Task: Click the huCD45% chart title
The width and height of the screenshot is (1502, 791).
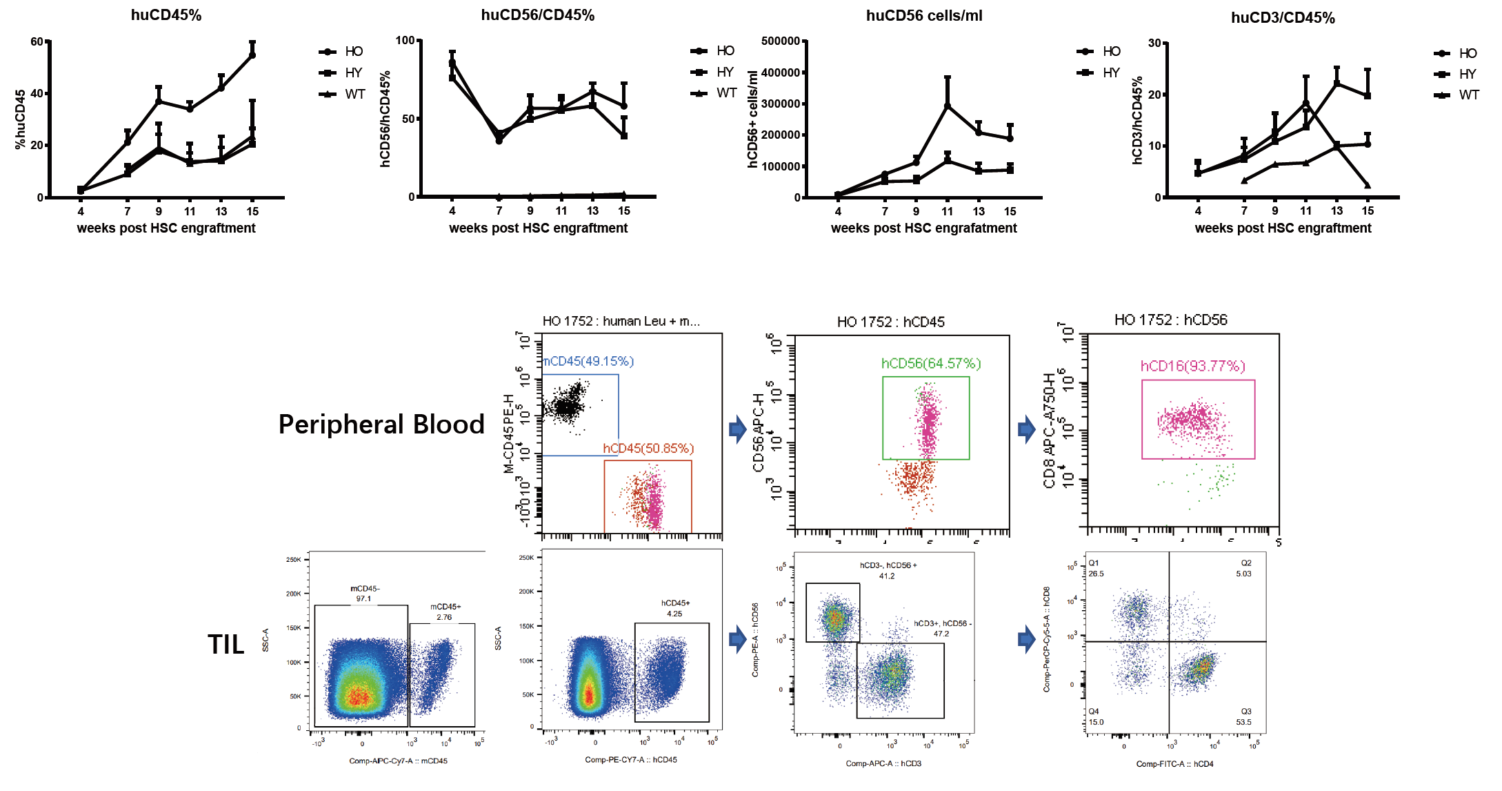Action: click(166, 15)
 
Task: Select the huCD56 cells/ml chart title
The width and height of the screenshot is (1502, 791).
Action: click(924, 16)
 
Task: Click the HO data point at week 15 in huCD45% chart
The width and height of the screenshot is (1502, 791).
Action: click(252, 55)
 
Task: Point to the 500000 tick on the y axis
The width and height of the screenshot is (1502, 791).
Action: click(780, 41)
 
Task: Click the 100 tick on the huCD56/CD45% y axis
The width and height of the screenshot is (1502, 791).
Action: click(405, 41)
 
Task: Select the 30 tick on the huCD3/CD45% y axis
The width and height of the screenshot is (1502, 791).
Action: click(1154, 43)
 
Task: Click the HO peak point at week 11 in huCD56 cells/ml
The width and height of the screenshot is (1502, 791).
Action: click(948, 106)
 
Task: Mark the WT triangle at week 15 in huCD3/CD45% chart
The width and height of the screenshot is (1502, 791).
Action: click(1368, 185)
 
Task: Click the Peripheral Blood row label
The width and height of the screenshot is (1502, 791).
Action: click(381, 424)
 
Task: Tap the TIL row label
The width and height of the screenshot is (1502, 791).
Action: click(226, 645)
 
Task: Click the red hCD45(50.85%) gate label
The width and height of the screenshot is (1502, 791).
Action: click(648, 449)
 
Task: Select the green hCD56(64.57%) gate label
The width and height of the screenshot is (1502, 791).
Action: click(931, 364)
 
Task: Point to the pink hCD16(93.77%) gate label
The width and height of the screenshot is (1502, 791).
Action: click(1193, 366)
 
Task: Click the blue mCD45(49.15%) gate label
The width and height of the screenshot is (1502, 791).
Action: click(588, 362)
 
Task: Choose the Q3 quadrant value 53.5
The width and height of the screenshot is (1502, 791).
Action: click(1243, 722)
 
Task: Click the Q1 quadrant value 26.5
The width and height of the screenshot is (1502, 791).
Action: click(1096, 574)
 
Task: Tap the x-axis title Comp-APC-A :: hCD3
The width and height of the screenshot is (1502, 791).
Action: click(883, 763)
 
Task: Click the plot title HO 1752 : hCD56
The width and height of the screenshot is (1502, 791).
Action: click(1171, 320)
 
